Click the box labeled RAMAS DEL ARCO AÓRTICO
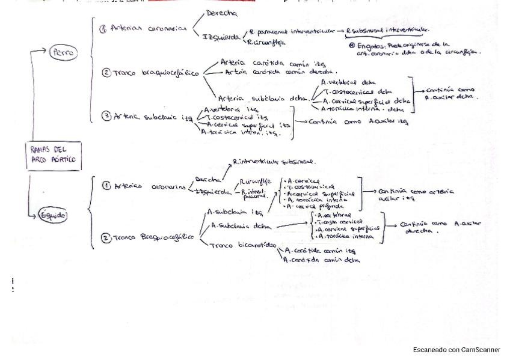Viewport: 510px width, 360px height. point(54,155)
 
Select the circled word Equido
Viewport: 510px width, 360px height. point(53,215)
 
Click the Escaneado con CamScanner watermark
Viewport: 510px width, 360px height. point(456,350)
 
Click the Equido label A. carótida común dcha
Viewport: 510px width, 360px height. point(323,260)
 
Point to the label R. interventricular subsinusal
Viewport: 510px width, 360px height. point(274,162)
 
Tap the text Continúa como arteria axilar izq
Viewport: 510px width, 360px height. point(416,194)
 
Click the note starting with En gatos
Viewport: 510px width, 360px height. point(415,48)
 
